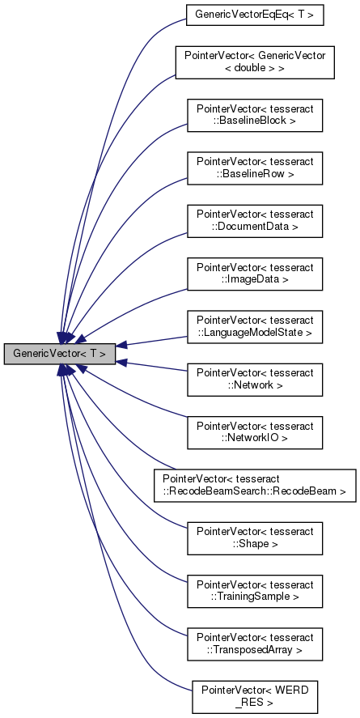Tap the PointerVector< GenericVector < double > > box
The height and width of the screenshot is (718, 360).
coord(255,62)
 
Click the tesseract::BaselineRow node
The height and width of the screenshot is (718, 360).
coord(255,167)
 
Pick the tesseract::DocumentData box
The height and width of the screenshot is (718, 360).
coord(255,219)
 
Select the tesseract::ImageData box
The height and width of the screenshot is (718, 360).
coord(255,272)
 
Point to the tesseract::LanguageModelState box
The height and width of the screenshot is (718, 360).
coord(255,325)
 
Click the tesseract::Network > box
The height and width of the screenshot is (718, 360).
coord(255,377)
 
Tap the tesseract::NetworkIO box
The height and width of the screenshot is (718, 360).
coord(255,430)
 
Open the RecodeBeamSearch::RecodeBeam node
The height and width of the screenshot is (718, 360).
coord(255,482)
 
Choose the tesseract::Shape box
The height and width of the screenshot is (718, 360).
coord(255,535)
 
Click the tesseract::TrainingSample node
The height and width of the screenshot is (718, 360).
coord(255,588)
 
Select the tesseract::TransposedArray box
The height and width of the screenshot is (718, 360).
coord(255,640)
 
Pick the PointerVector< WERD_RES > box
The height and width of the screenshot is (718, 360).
coord(255,693)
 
